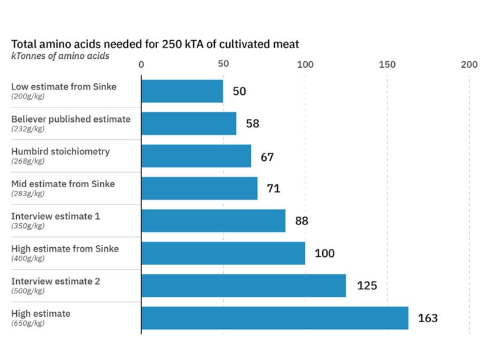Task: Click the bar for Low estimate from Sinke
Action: [182, 91]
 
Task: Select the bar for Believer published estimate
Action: [188, 124]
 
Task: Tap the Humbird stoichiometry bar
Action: [196, 156]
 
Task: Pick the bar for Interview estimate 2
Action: [244, 286]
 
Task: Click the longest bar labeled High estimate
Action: [275, 318]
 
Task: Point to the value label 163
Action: [428, 318]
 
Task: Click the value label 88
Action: [301, 221]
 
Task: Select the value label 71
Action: [273, 188]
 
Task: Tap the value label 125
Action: [367, 286]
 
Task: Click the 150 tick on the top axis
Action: [387, 65]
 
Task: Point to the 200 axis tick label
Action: [469, 65]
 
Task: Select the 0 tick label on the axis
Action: [141, 65]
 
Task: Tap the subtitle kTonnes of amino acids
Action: [60, 56]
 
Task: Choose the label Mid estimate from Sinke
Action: [63, 184]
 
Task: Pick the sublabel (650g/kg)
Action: [28, 323]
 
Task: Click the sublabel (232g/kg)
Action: [28, 129]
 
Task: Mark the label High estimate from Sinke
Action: [65, 248]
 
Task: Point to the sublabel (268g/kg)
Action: [28, 161]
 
